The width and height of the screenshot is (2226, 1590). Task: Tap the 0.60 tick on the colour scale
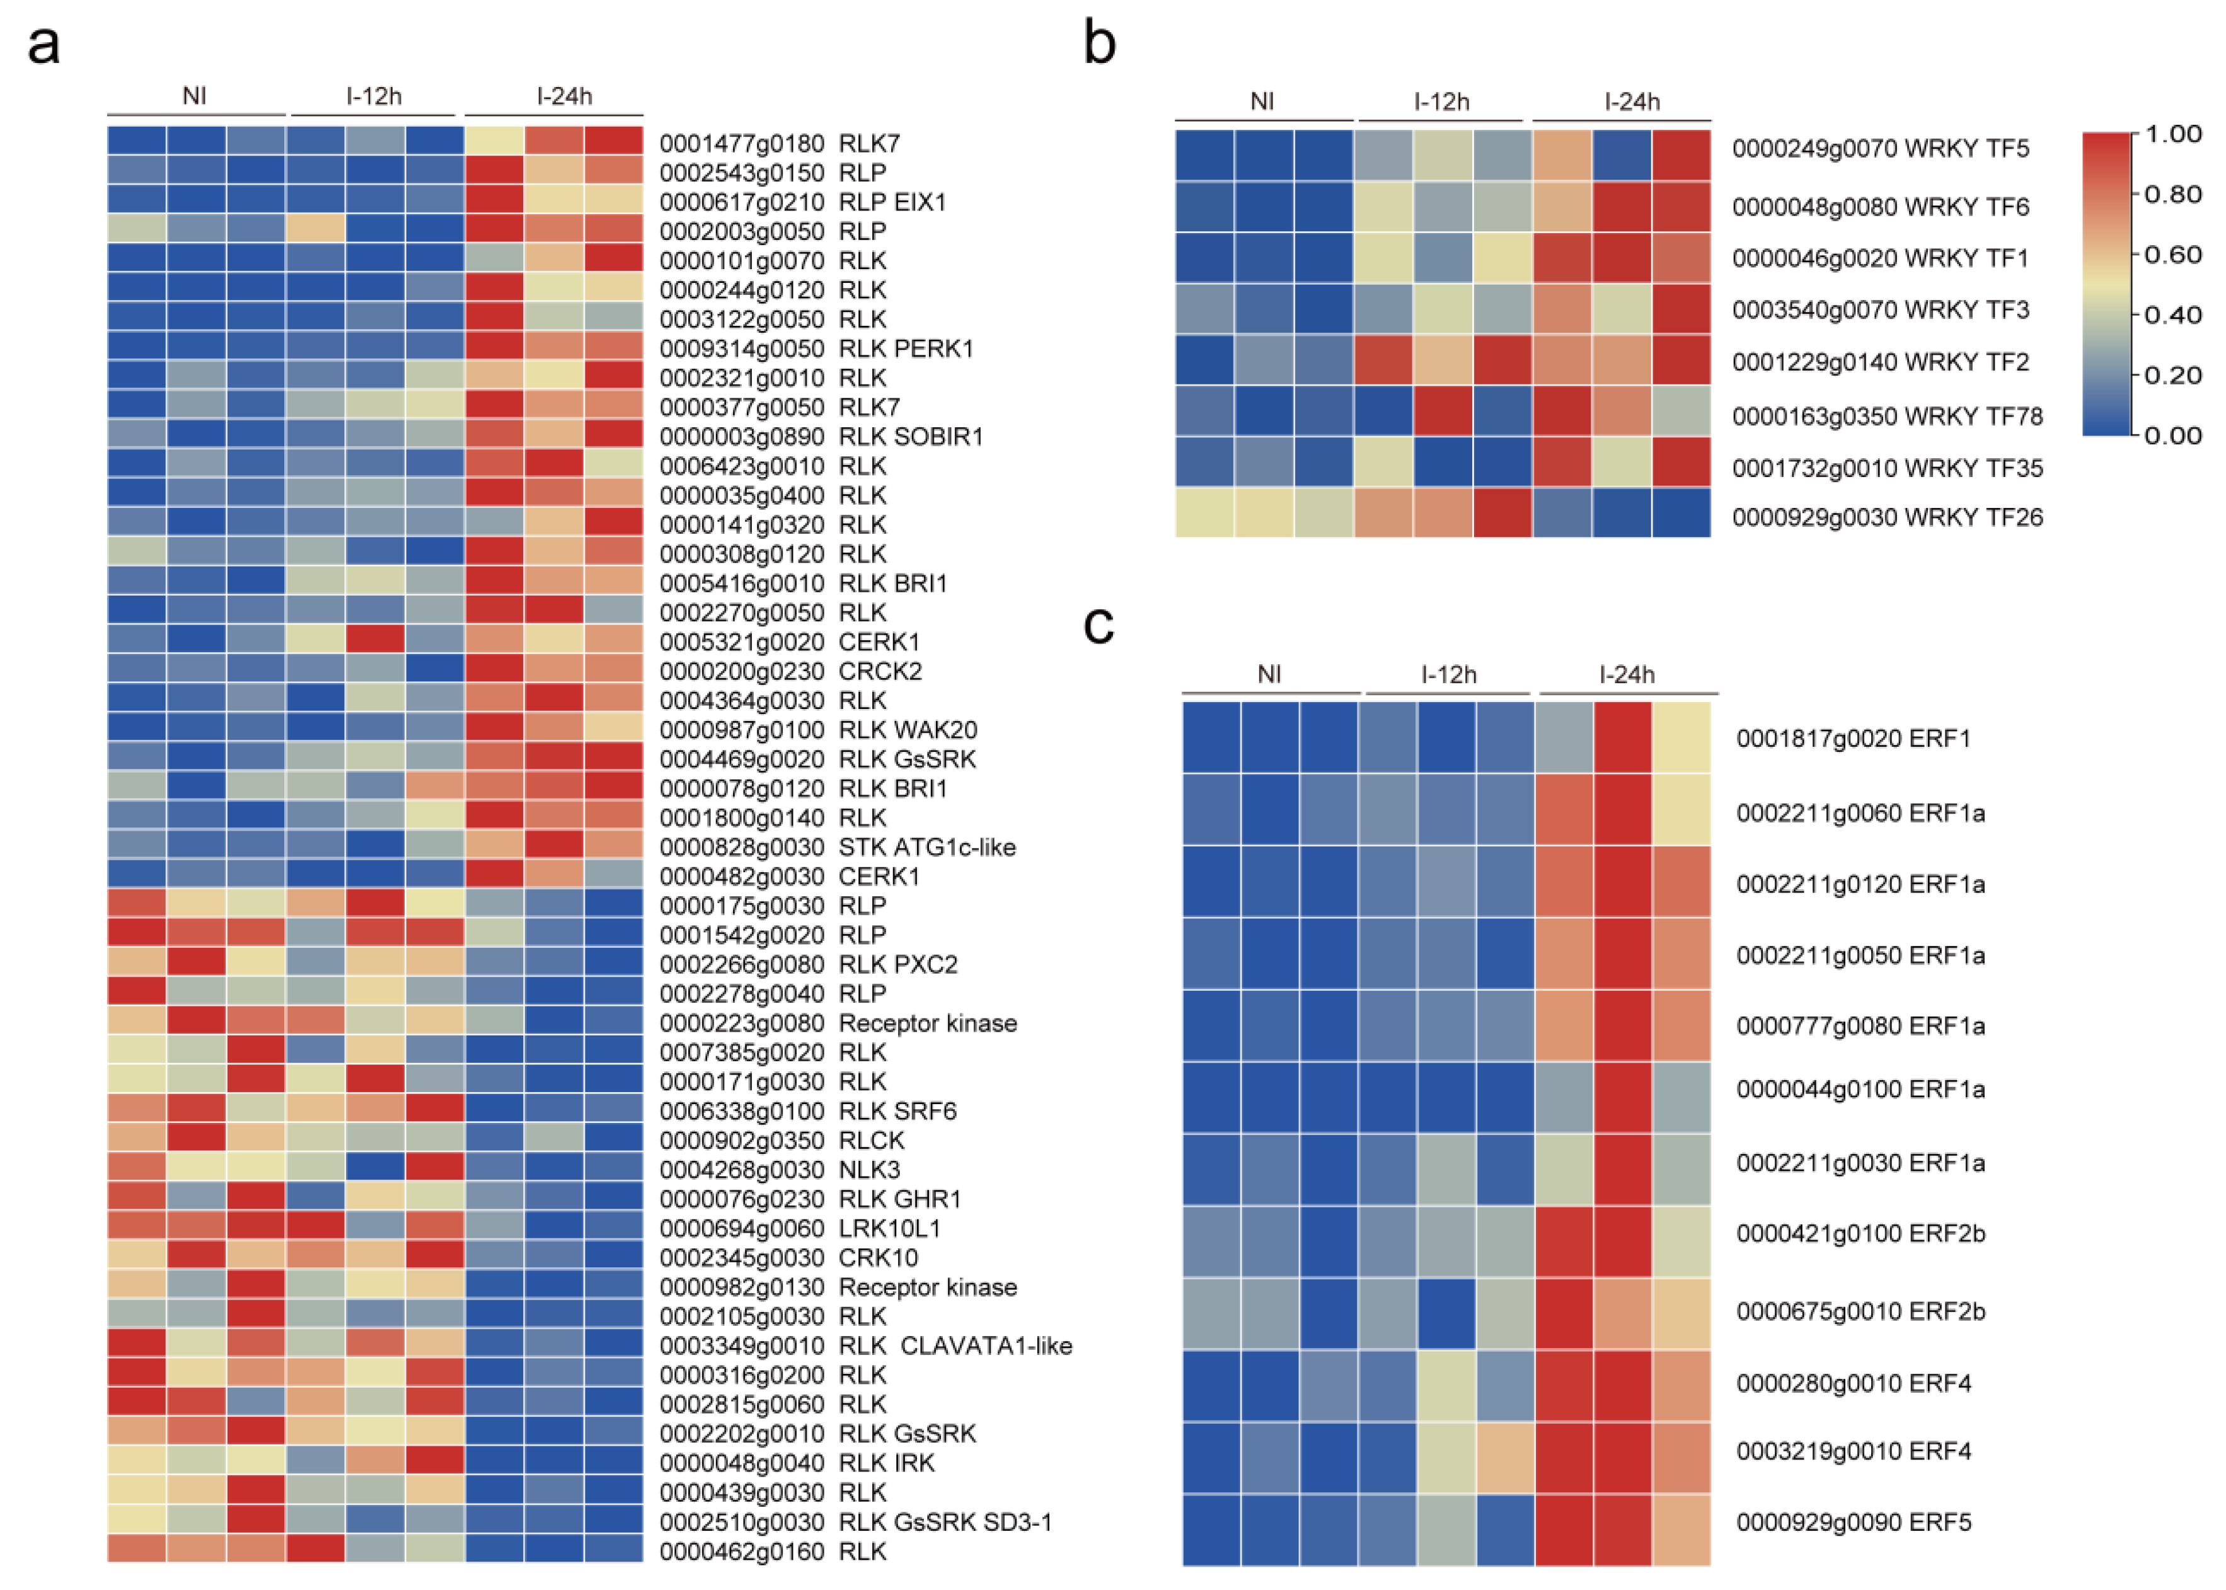[2172, 255]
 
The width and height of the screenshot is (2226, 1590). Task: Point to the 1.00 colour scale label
[2172, 134]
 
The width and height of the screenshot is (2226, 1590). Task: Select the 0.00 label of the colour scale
[2172, 435]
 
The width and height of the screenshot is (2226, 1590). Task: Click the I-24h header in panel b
[1631, 102]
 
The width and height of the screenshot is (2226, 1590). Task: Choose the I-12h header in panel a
[373, 96]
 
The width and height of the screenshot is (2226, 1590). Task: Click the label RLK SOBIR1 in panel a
[910, 437]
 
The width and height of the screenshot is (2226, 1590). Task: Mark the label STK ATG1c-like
[926, 847]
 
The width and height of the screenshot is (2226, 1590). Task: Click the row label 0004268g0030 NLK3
[779, 1170]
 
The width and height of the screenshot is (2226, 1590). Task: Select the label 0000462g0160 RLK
[772, 1552]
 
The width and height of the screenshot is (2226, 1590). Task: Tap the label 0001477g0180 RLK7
[779, 144]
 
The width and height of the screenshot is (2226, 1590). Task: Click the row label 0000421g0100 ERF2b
[1860, 1234]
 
